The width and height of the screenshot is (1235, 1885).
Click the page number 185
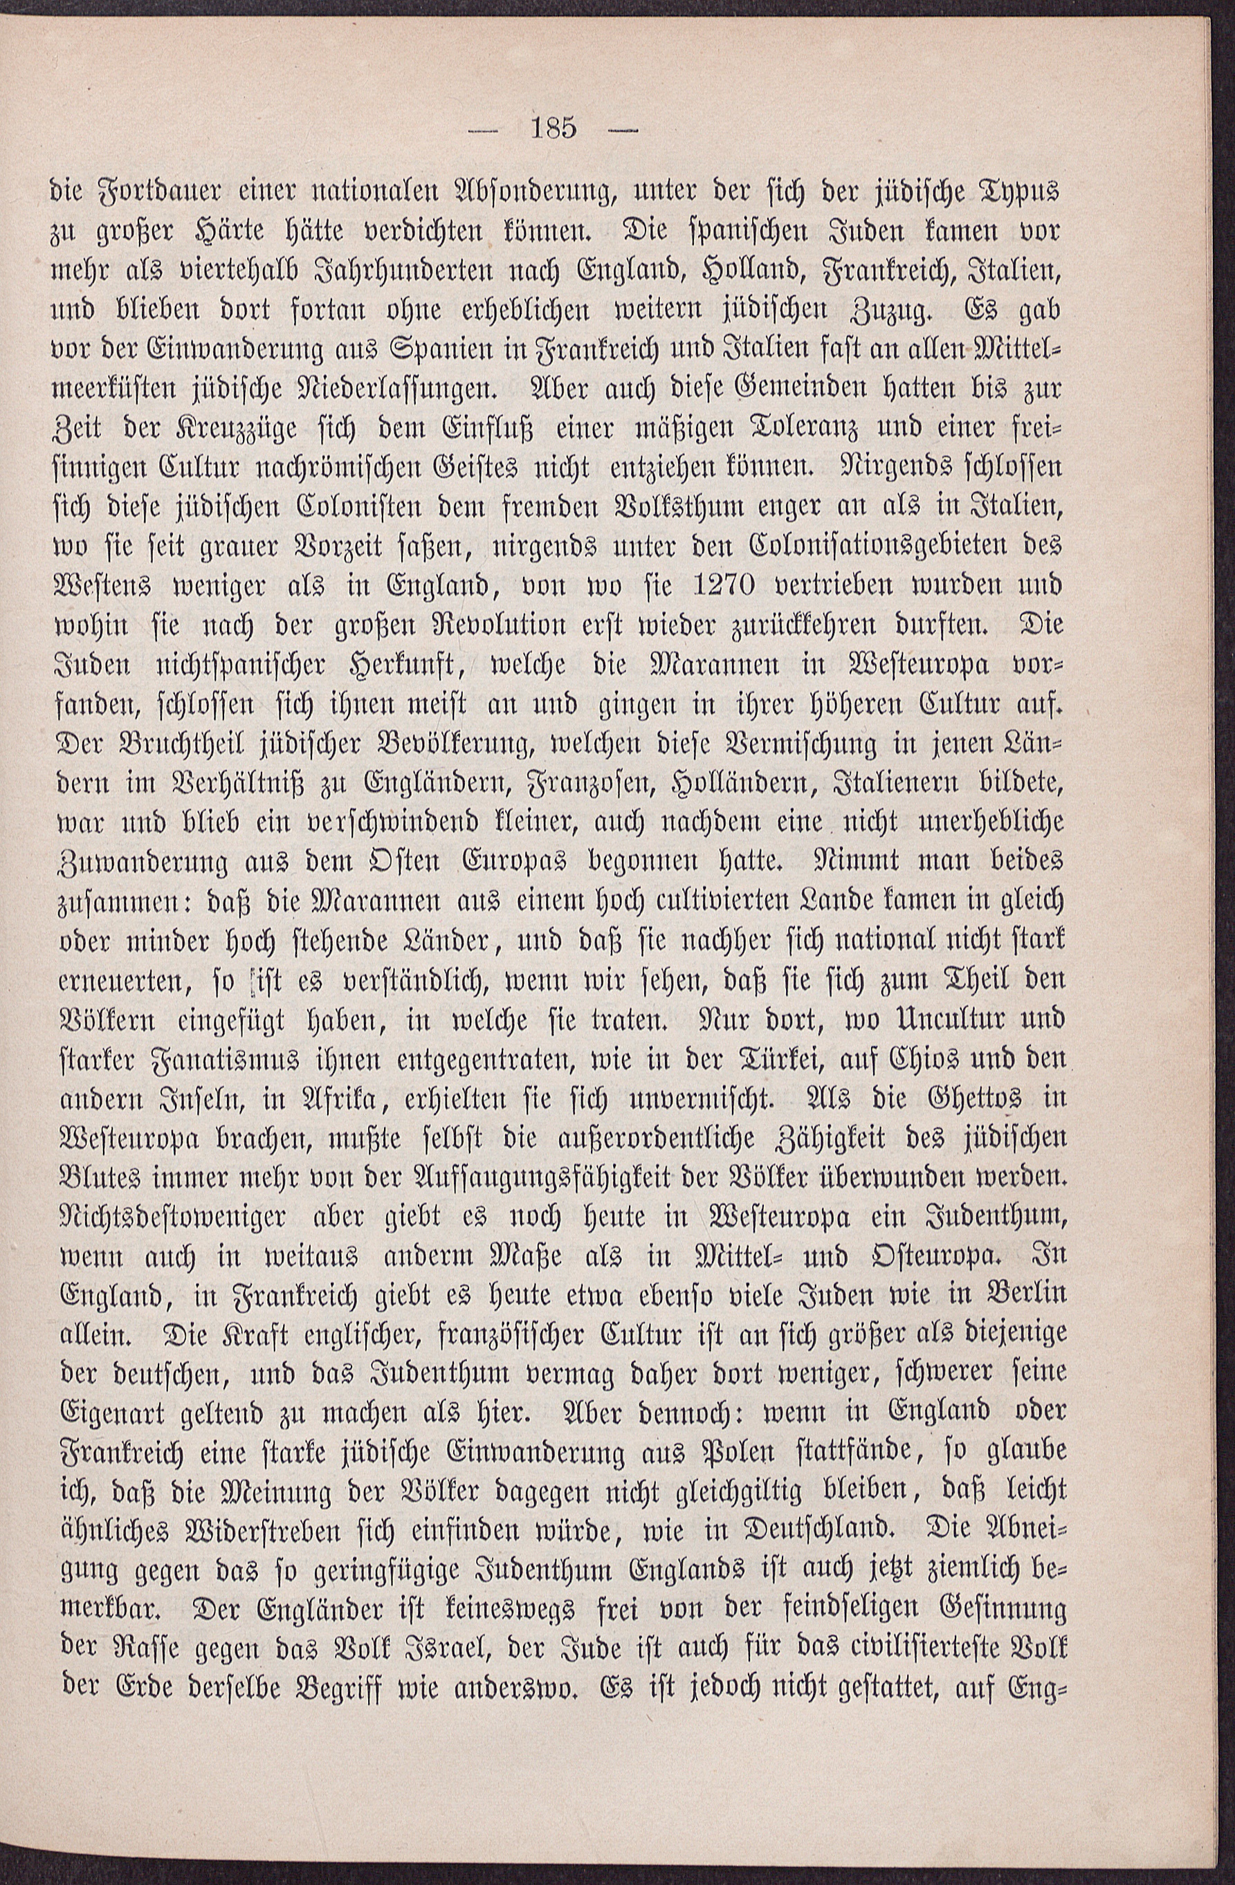click(557, 128)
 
